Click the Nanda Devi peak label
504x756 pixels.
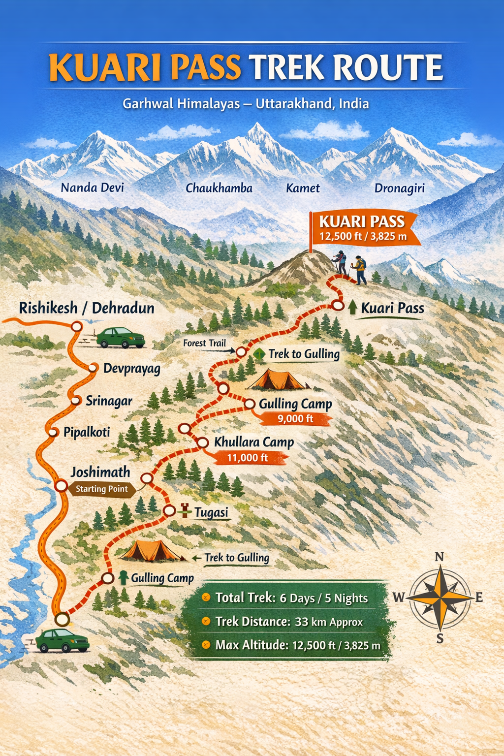click(92, 188)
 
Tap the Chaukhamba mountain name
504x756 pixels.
click(219, 188)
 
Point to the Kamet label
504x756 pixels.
click(303, 188)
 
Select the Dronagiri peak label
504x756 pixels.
click(399, 188)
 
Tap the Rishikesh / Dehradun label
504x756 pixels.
click(87, 308)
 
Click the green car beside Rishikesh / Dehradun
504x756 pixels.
click(121, 338)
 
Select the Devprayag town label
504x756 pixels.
click(131, 369)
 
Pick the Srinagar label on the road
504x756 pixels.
click(109, 401)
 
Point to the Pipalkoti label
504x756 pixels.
click(87, 433)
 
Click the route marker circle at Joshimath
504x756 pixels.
click(61, 486)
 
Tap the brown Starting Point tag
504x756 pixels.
click(101, 489)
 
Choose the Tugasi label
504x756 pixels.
click(211, 513)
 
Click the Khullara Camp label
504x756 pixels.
click(253, 442)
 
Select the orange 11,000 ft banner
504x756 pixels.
click(248, 458)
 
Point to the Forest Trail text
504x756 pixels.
click(204, 343)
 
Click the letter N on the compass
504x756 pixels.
click(440, 557)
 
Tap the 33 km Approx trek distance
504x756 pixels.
click(328, 622)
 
